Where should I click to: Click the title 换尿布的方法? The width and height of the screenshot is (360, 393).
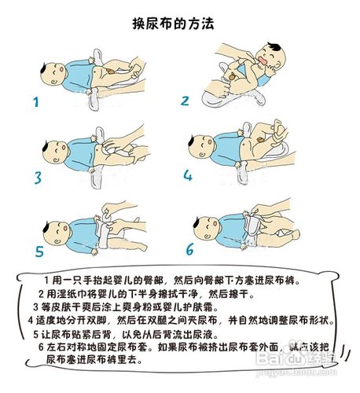[180, 24]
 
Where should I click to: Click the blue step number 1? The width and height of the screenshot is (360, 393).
[35, 102]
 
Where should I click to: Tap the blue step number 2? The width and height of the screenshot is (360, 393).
[186, 101]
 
